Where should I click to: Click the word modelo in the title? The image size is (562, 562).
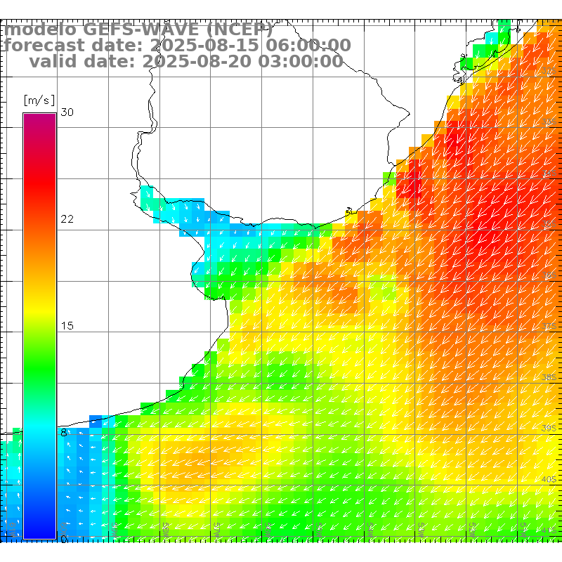(x=40, y=30)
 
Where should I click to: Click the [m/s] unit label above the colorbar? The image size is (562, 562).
(x=39, y=100)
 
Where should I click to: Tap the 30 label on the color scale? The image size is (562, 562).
(x=67, y=112)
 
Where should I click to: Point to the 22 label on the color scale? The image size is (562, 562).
(x=67, y=219)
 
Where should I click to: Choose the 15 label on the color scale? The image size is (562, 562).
(x=67, y=326)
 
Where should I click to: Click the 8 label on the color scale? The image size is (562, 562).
(x=64, y=433)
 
